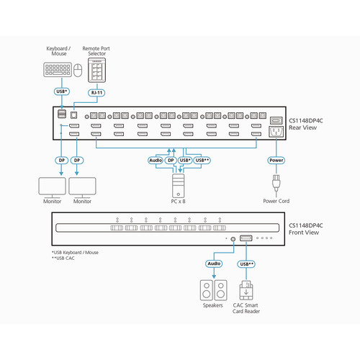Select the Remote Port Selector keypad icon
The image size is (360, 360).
click(96, 71)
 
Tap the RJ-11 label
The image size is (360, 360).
click(96, 92)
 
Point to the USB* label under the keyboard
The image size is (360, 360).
click(62, 92)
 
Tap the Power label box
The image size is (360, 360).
click(275, 161)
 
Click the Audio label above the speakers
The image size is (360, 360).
click(214, 264)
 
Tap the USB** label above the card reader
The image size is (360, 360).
click(247, 264)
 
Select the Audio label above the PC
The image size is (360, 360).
click(156, 161)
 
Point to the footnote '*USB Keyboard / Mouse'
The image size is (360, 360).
click(75, 253)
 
